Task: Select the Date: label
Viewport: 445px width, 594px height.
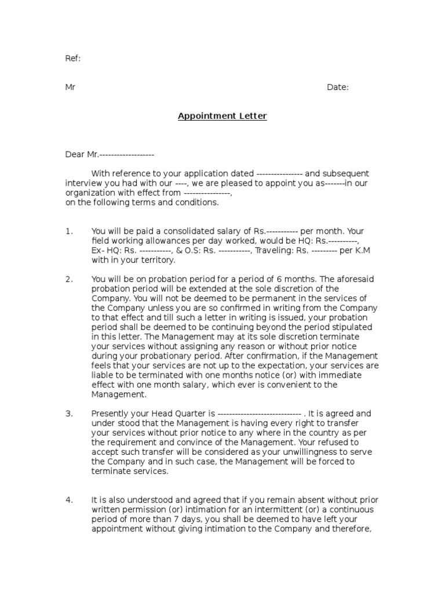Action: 338,88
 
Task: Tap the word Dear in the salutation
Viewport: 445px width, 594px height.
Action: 75,155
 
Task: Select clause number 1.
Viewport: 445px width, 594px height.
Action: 69,231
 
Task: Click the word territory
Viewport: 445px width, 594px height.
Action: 155,260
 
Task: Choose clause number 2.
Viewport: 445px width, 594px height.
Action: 69,279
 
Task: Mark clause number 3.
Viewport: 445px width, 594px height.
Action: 69,414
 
